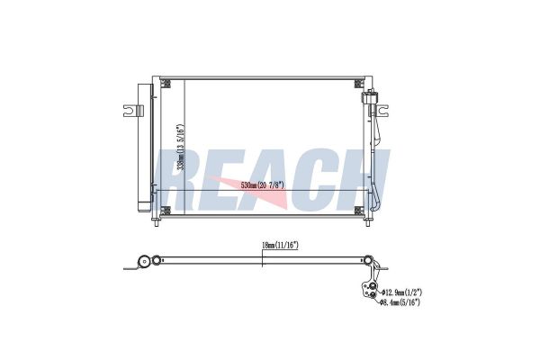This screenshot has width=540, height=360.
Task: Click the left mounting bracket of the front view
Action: tap(131, 112)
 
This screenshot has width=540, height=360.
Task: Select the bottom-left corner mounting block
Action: tap(166, 211)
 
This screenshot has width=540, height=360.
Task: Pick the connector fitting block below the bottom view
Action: tap(368, 290)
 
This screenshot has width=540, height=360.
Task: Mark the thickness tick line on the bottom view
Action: tap(261, 259)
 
